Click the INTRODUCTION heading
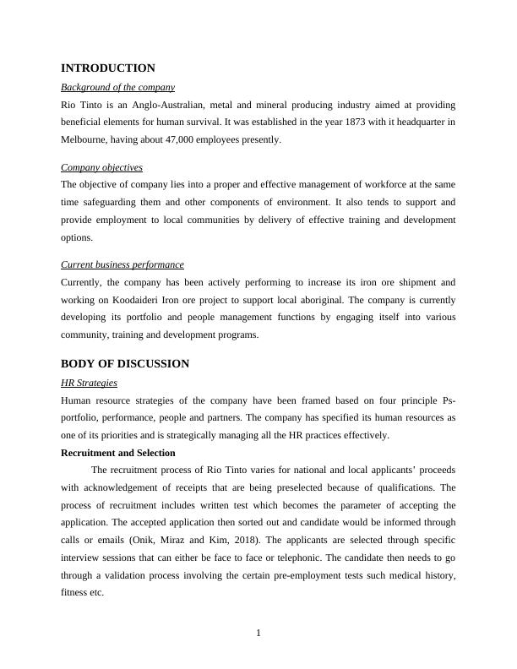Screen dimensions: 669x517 [108, 68]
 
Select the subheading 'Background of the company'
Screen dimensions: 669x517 [118, 87]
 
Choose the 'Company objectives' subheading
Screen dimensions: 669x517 [102, 167]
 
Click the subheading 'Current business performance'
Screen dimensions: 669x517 [122, 264]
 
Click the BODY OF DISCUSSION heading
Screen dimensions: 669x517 [125, 364]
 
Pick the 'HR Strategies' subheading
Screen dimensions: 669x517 [90, 383]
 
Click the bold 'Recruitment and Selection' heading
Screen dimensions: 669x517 [118, 453]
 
